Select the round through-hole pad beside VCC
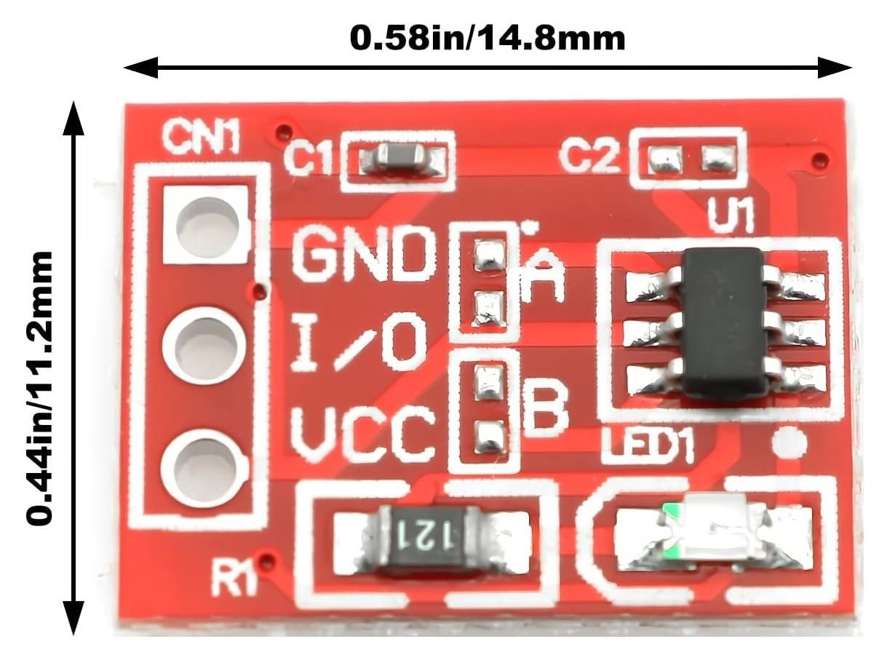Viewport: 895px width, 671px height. click(x=199, y=466)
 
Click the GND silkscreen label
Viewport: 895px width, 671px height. click(x=361, y=254)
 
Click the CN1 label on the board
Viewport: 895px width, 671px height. click(x=201, y=138)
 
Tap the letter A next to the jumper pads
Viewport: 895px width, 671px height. click(x=543, y=276)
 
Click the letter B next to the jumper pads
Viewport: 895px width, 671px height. click(x=545, y=409)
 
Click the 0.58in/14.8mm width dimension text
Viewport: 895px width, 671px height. click(x=487, y=37)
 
